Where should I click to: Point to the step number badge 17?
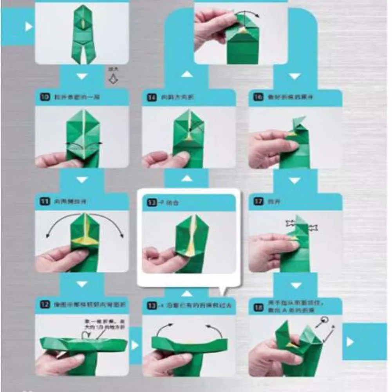coord(258,202)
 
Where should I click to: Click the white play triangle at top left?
coord(28,27)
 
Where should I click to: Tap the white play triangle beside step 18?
coord(350,342)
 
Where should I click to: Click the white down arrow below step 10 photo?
coord(81,180)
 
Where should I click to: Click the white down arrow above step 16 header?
coord(294,76)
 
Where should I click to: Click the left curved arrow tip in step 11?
coord(47,236)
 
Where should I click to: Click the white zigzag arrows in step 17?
coord(302,226)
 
